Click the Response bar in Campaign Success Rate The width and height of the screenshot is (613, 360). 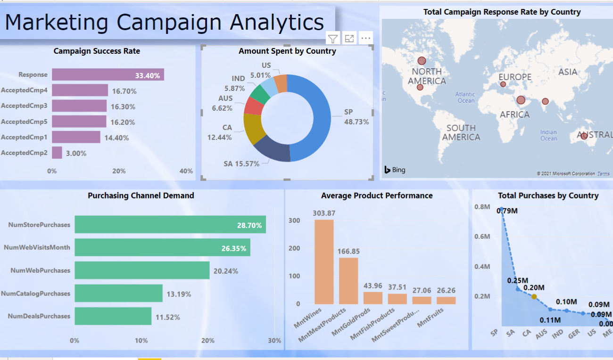108,74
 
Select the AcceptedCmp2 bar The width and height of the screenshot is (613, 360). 57,153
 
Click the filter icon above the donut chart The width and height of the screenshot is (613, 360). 333,39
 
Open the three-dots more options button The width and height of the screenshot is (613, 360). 366,39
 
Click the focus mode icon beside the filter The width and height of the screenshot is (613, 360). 349,39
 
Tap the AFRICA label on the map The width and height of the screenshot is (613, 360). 514,115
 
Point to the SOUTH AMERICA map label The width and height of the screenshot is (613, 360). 461,132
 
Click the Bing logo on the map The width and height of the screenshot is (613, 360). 395,170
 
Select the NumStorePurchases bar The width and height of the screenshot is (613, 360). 170,225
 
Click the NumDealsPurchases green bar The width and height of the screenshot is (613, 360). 113,316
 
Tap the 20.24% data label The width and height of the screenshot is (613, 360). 226,271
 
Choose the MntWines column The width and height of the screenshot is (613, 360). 324,262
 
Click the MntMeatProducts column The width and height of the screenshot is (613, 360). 348,281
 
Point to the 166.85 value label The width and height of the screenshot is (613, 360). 348,251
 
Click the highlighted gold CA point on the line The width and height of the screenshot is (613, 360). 534,296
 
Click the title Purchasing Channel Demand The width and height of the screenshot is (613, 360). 141,196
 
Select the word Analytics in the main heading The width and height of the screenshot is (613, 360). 277,23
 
